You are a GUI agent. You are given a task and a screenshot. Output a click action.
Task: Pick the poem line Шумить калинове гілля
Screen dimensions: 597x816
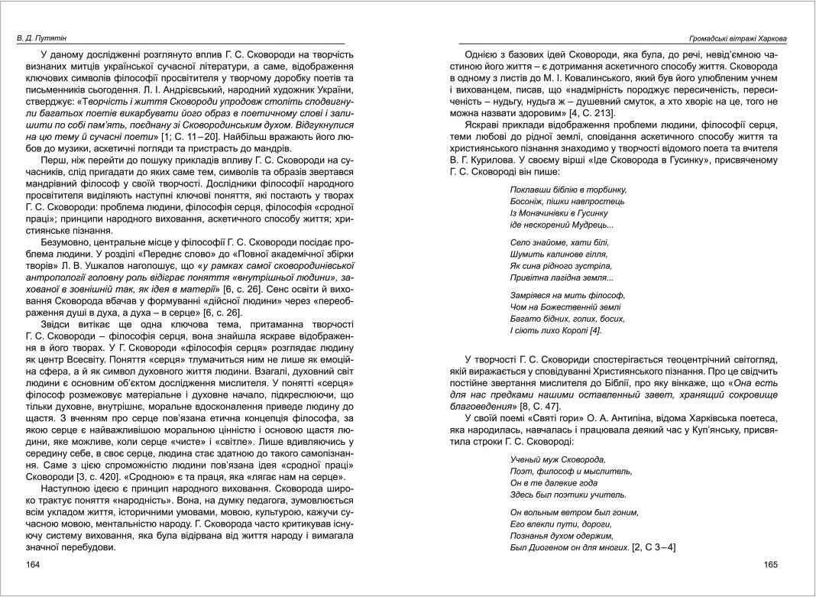click(558, 253)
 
